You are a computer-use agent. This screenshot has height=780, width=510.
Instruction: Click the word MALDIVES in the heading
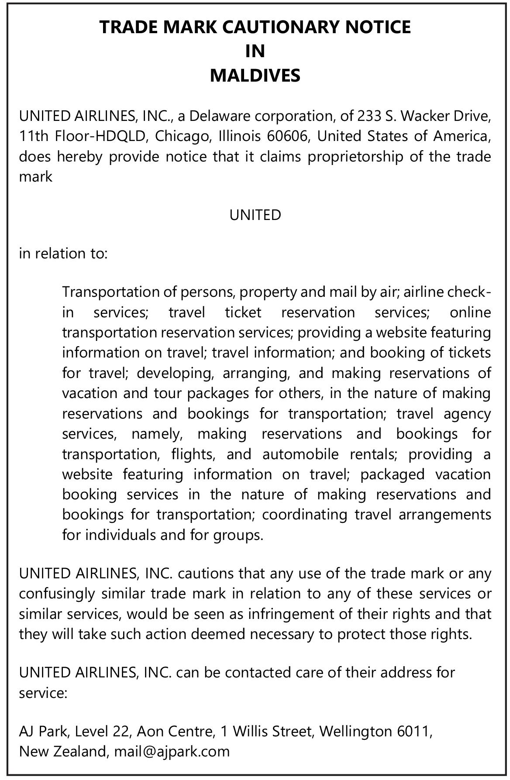[255, 76]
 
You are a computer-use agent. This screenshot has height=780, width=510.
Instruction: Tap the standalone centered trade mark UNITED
[255, 215]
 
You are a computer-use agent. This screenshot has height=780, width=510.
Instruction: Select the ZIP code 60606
[288, 136]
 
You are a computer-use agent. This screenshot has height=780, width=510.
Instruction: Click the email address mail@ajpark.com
[172, 751]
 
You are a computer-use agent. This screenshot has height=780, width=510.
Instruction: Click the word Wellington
[355, 731]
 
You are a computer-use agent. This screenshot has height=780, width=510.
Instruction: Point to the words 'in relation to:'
[63, 253]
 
